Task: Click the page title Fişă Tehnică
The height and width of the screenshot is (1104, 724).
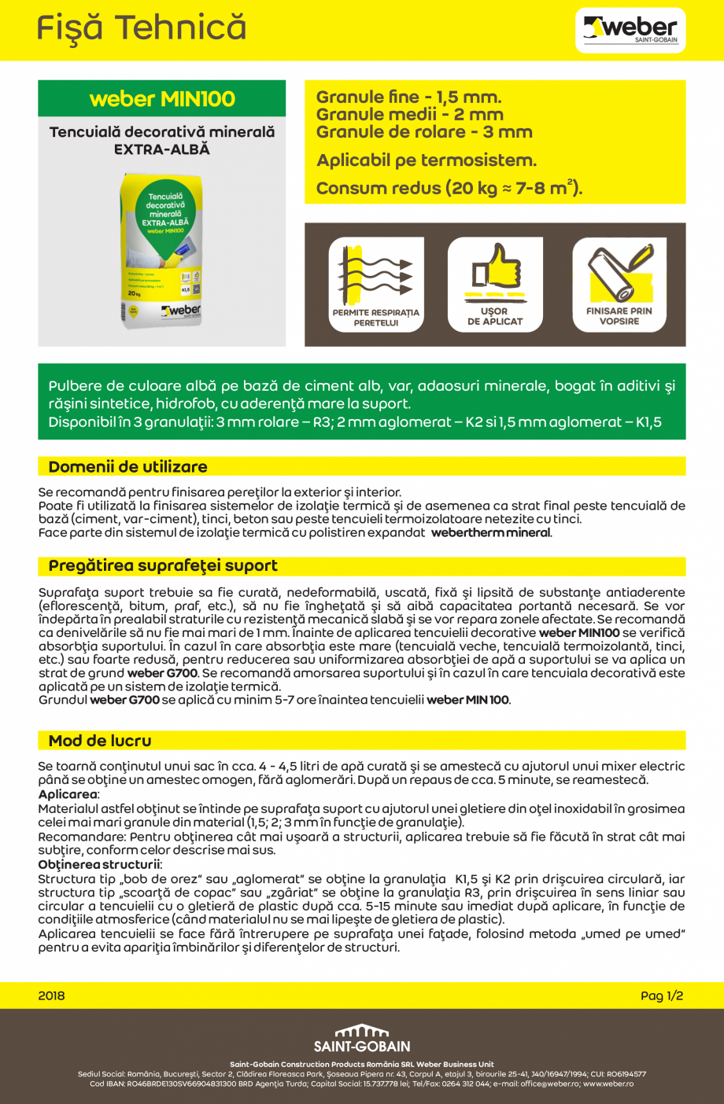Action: pos(142,28)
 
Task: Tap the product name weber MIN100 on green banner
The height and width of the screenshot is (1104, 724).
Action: pos(162,99)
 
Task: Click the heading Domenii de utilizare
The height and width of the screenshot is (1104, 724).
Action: pos(128,467)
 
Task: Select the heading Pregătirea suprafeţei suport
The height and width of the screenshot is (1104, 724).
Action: pos(163,566)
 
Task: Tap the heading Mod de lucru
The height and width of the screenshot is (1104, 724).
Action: pos(100,741)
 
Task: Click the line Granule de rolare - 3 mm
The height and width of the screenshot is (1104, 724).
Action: pos(424,132)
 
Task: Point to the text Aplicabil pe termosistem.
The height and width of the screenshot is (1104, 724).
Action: pos(427,160)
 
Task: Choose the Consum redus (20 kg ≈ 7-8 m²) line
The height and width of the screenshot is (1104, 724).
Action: pos(449,189)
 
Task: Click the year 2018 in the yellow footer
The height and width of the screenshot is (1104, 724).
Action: pos(52,995)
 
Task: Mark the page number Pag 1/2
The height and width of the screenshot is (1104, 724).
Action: pos(662,995)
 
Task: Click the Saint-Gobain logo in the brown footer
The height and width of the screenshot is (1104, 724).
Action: pos(362,1038)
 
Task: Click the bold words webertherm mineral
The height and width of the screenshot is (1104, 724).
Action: pos(491,533)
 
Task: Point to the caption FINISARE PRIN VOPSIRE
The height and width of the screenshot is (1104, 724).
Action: pos(619,316)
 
